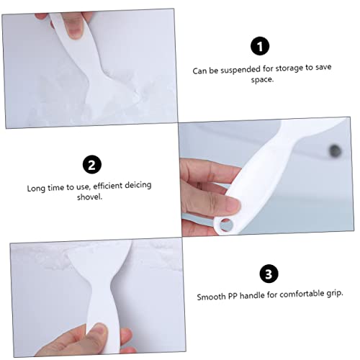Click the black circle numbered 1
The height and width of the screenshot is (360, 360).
click(x=261, y=47)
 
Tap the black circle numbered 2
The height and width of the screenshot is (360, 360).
click(x=91, y=165)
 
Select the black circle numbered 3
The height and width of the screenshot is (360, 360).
click(x=267, y=274)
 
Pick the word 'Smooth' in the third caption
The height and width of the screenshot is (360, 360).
click(x=211, y=296)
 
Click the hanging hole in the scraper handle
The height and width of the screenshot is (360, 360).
click(x=226, y=224)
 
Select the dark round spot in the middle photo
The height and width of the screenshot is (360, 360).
click(x=333, y=150)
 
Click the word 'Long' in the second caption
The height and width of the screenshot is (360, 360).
click(x=37, y=186)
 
